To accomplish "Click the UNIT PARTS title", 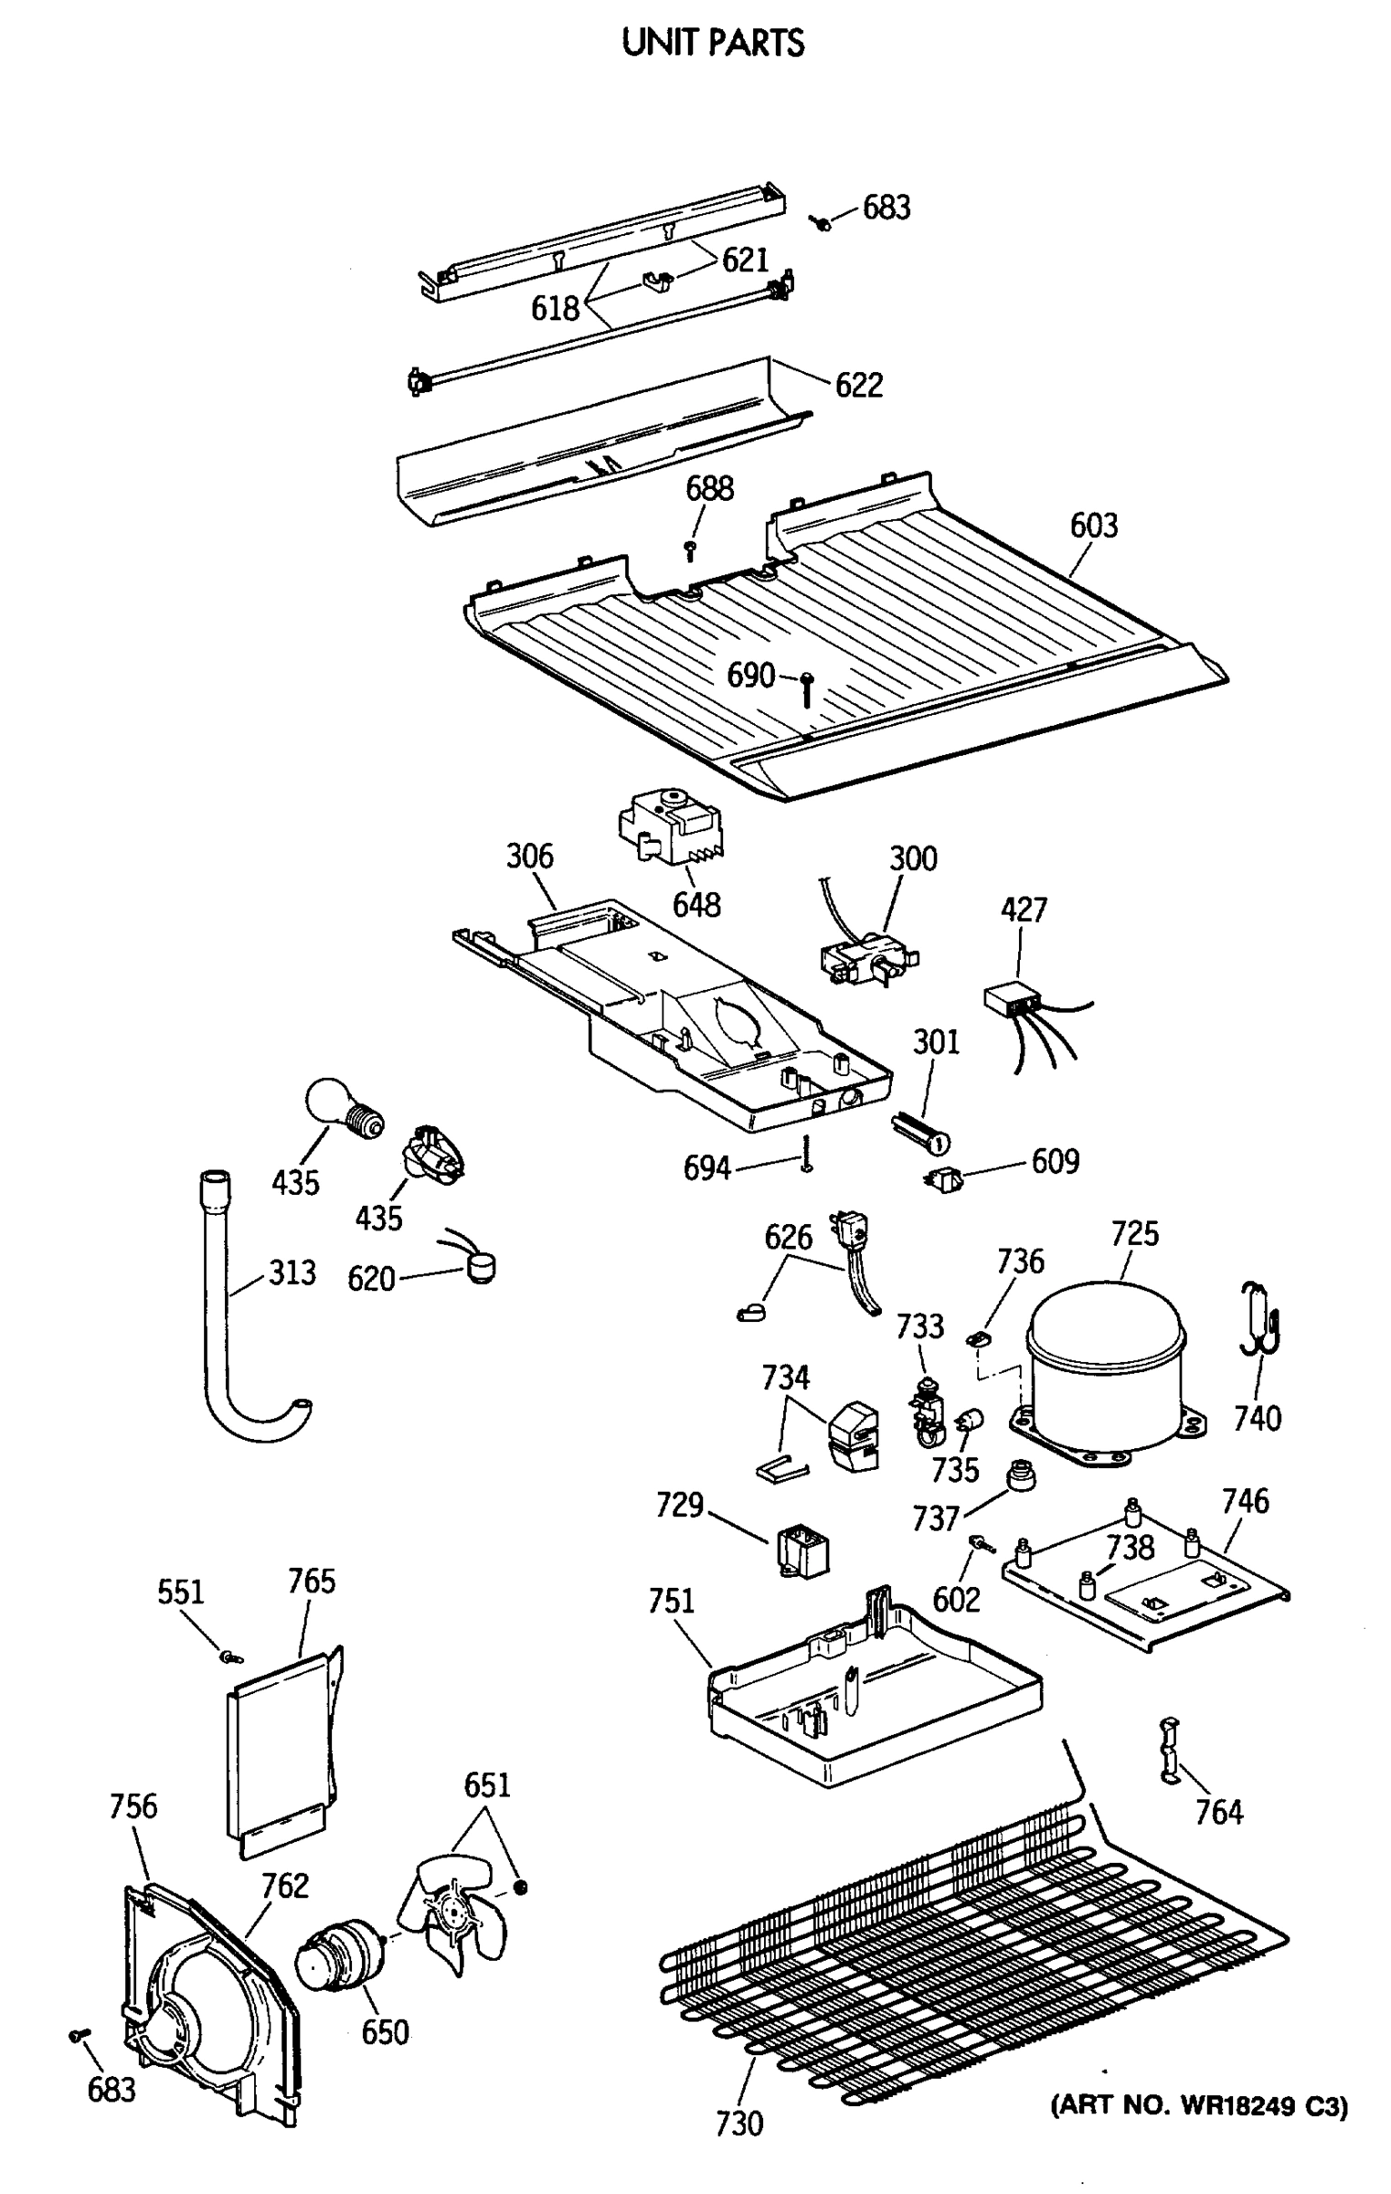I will [x=713, y=43].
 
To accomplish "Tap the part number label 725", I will [x=1134, y=1233].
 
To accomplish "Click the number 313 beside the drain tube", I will [x=292, y=1273].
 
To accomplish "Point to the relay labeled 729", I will [x=802, y=1551].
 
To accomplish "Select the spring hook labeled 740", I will [x=1259, y=1320].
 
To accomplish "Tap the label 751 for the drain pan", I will [x=672, y=1602].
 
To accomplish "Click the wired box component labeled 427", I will [x=1010, y=1000].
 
